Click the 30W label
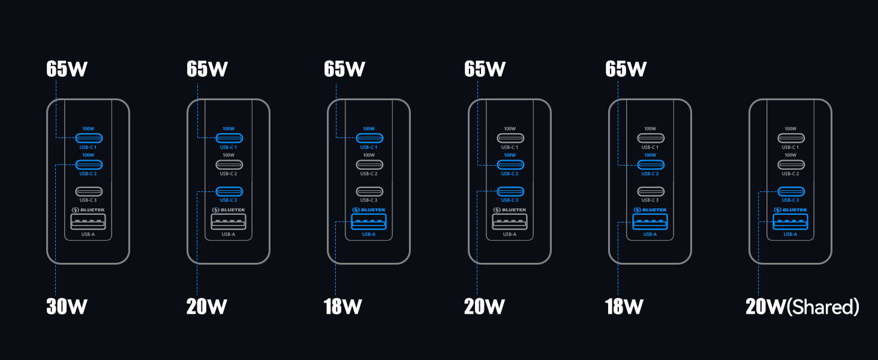67,307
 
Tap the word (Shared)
823,307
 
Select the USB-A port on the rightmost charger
790,222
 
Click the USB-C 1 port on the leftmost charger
88,137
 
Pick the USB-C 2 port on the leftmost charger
88,164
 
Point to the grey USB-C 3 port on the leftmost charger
88,192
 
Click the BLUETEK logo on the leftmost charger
88,210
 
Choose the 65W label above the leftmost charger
67,69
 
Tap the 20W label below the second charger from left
206,307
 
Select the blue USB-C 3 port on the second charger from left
228,192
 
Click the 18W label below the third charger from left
343,307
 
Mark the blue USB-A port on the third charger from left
369,222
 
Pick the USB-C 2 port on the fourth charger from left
510,164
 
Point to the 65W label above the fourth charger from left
485,69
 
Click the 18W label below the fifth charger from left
624,307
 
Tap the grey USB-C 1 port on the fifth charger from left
650,137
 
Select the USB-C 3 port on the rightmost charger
790,192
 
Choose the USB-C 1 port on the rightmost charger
790,137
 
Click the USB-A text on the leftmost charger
88,235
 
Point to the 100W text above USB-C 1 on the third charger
369,128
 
